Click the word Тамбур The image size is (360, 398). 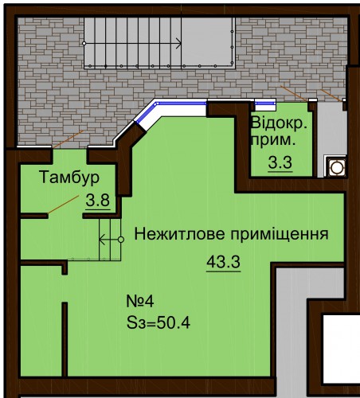point(69,178)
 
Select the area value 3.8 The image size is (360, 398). point(98,201)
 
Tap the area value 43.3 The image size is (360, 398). point(223,262)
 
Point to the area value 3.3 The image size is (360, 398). point(280,162)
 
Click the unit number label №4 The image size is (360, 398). point(140,302)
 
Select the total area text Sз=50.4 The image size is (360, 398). point(158,323)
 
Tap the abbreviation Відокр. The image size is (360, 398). point(279,123)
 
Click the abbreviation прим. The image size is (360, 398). point(273,140)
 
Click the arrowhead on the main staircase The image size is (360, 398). point(179,43)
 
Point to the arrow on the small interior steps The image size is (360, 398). point(110,240)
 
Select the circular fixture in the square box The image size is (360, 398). point(337,167)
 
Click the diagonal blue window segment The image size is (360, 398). point(147,112)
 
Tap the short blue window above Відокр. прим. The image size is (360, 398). point(265,103)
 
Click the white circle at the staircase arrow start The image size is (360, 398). point(84,43)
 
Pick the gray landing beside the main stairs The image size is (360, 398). point(208,42)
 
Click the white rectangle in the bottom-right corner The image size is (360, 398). point(342,349)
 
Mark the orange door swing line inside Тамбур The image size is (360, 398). point(63,205)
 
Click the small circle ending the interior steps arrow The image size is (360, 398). point(121,240)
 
